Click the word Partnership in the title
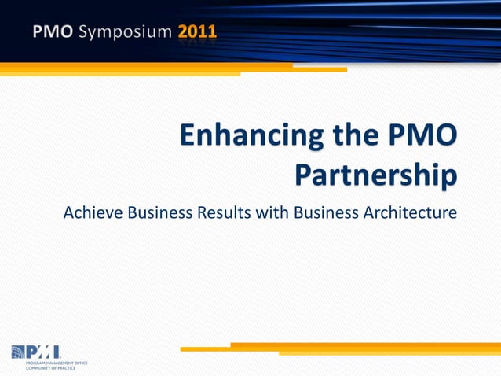pos(375,175)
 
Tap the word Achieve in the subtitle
pos(93,212)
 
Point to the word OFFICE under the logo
pos(81,363)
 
